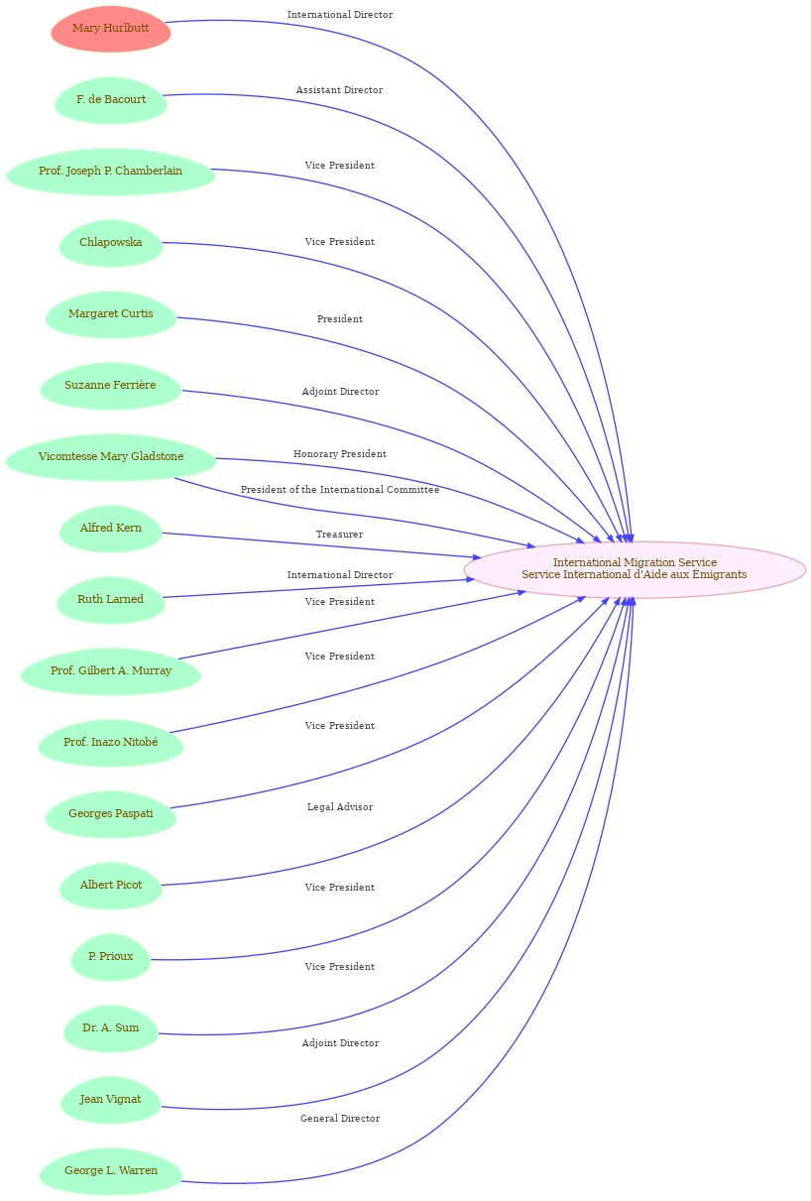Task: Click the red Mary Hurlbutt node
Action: [111, 29]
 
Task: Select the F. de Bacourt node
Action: [111, 100]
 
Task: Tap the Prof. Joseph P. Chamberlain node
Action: [111, 172]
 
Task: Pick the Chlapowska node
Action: [111, 243]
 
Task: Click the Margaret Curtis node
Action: [111, 314]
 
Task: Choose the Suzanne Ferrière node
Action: [111, 386]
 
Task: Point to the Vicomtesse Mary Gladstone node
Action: [111, 457]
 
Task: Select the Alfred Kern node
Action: [111, 529]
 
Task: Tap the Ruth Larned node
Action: [111, 599]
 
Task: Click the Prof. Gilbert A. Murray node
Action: [111, 670]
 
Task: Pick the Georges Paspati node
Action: [111, 814]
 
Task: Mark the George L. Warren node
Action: [111, 1171]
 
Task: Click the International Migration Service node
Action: [635, 569]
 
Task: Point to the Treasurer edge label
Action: [339, 535]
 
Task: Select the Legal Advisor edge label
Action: [340, 807]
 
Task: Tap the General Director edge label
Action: [340, 1119]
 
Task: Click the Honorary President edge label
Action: [340, 454]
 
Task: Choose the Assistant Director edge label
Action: [340, 90]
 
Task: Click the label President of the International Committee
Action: [340, 490]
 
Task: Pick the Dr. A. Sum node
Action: [111, 1027]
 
